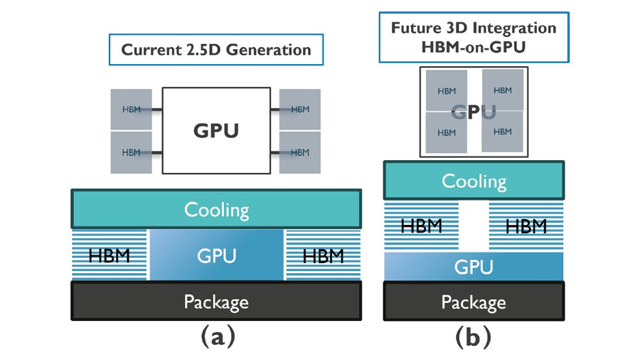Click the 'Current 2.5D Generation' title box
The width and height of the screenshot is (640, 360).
216,51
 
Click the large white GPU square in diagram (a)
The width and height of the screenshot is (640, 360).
216,130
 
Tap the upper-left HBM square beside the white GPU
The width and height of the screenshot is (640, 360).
132,110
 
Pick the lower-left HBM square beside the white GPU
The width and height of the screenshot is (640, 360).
132,152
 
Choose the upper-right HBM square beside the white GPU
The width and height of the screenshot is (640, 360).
300,110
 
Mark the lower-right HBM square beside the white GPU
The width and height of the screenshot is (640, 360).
300,152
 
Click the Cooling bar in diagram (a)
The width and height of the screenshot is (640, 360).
216,209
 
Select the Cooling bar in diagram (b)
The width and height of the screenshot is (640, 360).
474,180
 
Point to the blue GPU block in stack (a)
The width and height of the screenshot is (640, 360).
216,255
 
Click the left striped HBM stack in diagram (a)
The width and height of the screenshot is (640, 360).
110,255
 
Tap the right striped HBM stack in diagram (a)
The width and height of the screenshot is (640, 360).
323,255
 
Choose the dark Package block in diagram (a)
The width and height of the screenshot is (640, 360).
216,301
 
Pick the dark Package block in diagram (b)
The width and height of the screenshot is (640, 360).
474,301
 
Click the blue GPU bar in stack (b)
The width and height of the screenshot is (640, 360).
474,267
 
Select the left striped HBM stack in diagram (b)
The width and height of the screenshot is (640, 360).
421,226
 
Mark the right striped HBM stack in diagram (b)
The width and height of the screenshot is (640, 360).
526,226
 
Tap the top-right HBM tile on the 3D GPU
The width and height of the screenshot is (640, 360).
503,90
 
